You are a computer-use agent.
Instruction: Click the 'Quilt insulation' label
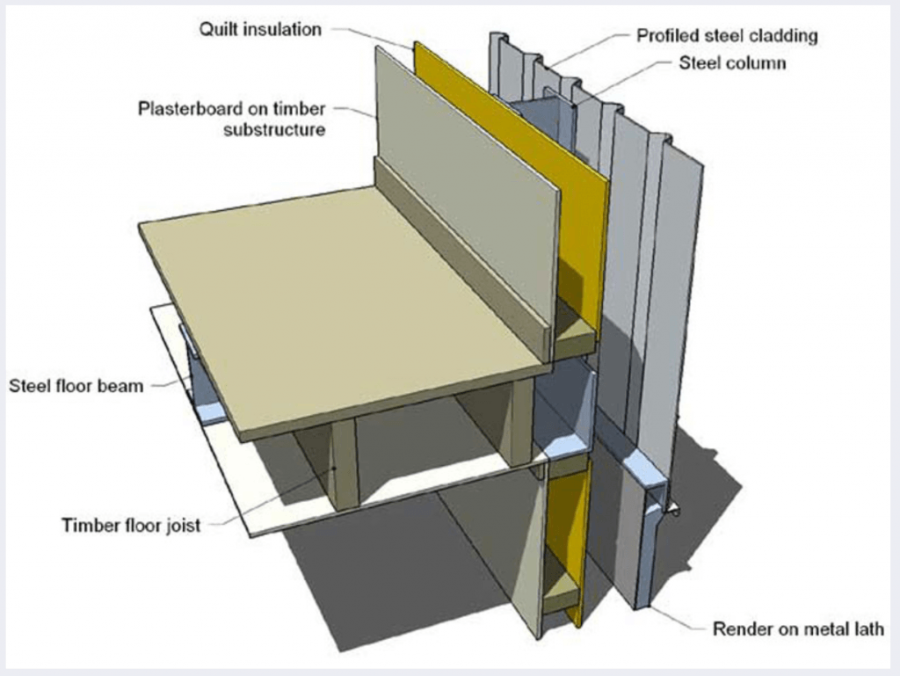coord(259,29)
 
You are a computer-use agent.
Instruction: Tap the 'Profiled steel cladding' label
coord(727,36)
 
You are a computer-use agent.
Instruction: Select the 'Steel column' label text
coord(732,63)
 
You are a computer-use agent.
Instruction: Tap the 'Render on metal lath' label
coord(797,629)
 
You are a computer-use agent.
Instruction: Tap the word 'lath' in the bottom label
coord(866,629)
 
